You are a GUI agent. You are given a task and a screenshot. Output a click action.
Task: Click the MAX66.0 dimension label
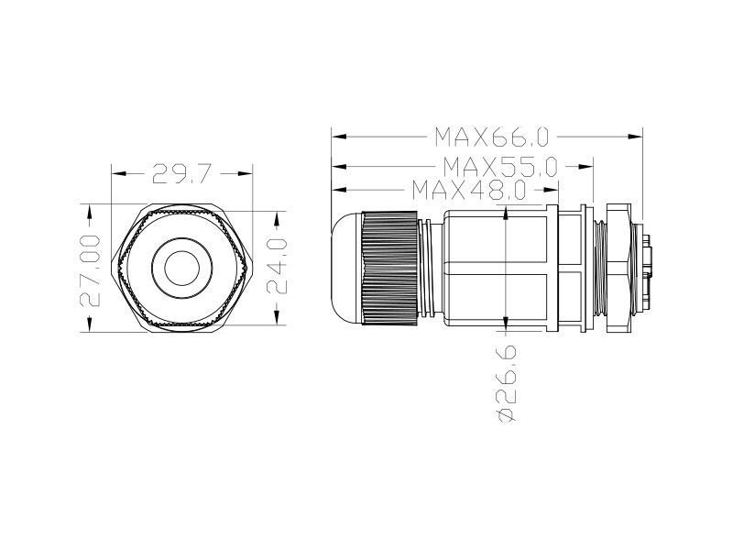pyautogui.click(x=492, y=137)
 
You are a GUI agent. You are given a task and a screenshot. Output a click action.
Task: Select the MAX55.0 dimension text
pyautogui.click(x=500, y=166)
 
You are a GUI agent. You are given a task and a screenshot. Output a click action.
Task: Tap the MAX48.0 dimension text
pyautogui.click(x=469, y=190)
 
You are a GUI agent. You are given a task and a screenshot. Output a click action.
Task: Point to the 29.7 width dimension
pyautogui.click(x=182, y=173)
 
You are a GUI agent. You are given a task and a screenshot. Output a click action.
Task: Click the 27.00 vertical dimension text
pyautogui.click(x=90, y=270)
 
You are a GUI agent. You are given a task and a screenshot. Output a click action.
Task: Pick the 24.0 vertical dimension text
pyautogui.click(x=277, y=266)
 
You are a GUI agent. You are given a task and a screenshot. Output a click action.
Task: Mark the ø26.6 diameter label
pyautogui.click(x=507, y=383)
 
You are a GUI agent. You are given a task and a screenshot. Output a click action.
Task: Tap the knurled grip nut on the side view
pyautogui.click(x=388, y=268)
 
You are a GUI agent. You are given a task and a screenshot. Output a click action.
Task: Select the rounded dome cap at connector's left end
pyautogui.click(x=346, y=268)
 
